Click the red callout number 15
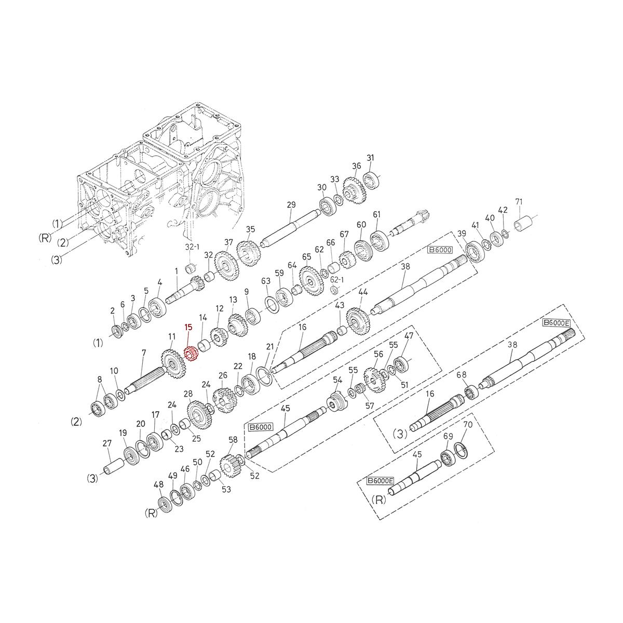[188, 327]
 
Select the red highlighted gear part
[191, 355]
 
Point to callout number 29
[291, 205]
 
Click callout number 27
[107, 443]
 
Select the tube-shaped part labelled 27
[111, 464]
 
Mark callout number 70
[467, 425]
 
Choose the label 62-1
[337, 279]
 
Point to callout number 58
[233, 440]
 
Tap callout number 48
[158, 485]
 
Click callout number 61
[377, 214]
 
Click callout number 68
[461, 374]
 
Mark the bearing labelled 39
[473, 251]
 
